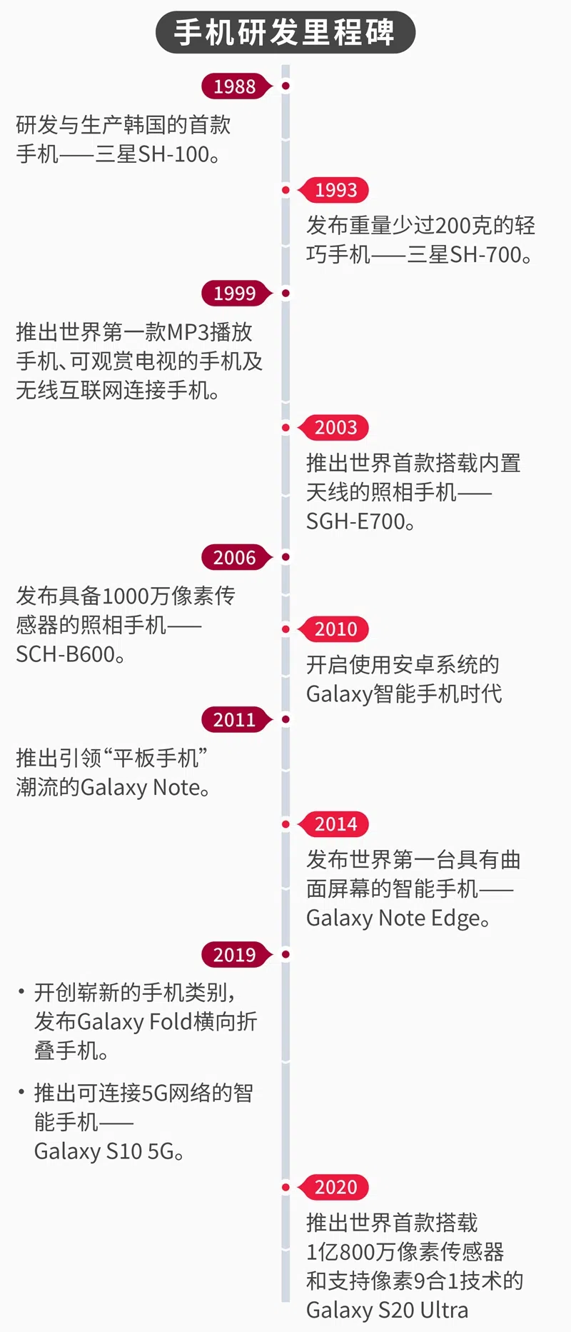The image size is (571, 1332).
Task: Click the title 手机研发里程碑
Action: [285, 33]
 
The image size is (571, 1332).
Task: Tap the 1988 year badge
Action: [235, 86]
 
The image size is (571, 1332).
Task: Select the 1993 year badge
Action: [335, 190]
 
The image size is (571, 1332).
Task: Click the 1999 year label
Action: [235, 293]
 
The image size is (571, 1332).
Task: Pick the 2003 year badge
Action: [335, 427]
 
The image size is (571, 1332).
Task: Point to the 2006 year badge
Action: [235, 557]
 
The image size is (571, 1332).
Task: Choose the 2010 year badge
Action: [335, 629]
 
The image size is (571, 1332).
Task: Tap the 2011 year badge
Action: [235, 719]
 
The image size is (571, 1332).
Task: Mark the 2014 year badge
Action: [335, 824]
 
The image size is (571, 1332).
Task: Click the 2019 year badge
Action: [235, 954]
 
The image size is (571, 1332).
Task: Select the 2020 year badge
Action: [335, 1187]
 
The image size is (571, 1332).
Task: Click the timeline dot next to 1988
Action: [285, 86]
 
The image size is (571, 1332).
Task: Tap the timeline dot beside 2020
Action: [285, 1187]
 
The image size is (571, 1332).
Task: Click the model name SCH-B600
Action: [66, 654]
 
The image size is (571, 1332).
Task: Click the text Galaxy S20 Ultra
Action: [388, 1311]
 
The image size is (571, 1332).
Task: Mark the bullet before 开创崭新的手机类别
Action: [21, 991]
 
